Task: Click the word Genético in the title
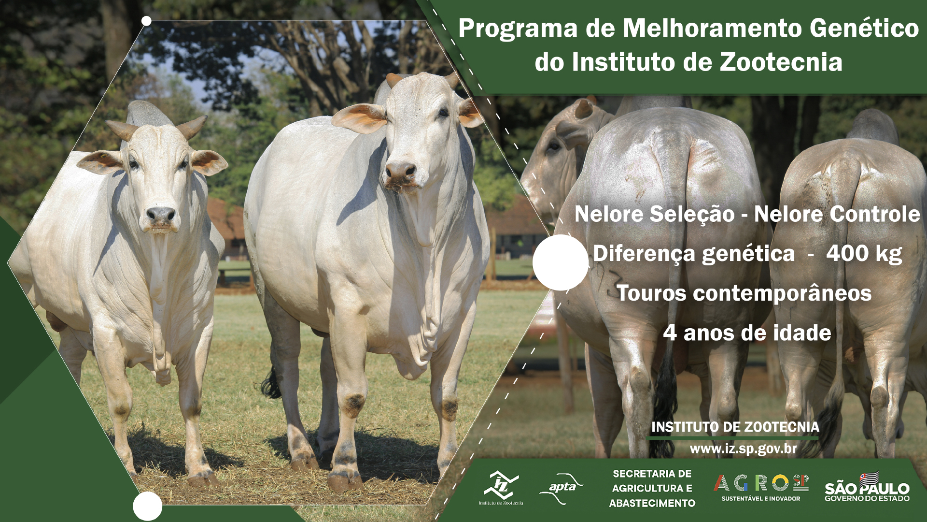[864, 28]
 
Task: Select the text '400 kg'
[864, 254]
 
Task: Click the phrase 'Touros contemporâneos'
[744, 293]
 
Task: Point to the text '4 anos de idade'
[747, 333]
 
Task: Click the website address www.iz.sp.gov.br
[743, 449]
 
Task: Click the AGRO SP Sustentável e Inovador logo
[761, 487]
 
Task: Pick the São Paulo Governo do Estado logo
[867, 487]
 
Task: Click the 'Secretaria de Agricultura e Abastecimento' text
[652, 488]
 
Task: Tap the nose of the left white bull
[161, 214]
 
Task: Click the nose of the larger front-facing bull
[401, 171]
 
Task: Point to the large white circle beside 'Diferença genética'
[561, 262]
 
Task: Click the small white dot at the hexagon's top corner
[147, 21]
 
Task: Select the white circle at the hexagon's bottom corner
[147, 506]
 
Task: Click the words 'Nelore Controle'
[837, 214]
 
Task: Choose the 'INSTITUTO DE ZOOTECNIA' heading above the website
[735, 427]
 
